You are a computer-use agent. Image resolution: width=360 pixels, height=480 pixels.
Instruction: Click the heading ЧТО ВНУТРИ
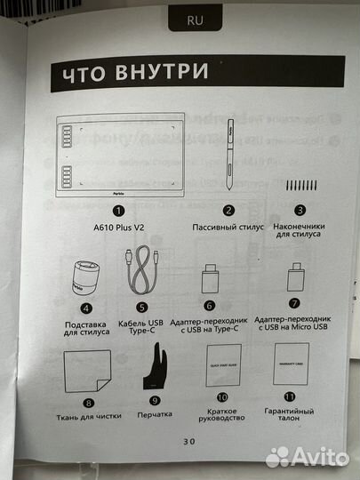click(x=134, y=72)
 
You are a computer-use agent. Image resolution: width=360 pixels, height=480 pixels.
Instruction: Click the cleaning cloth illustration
click(x=86, y=369)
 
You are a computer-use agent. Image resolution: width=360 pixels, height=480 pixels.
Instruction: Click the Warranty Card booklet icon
click(x=292, y=365)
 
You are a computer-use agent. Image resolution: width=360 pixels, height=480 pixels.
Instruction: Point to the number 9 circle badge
click(x=155, y=400)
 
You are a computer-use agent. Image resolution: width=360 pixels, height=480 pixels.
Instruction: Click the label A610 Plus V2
click(x=118, y=228)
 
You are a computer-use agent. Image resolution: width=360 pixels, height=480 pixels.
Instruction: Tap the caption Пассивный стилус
click(x=228, y=228)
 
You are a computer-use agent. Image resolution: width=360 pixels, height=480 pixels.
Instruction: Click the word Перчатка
click(x=155, y=414)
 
